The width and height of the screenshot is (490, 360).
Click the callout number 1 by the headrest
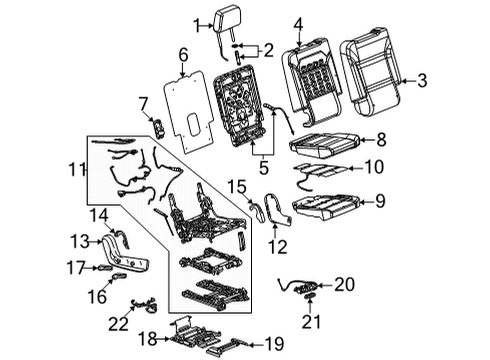(x=196, y=24)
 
